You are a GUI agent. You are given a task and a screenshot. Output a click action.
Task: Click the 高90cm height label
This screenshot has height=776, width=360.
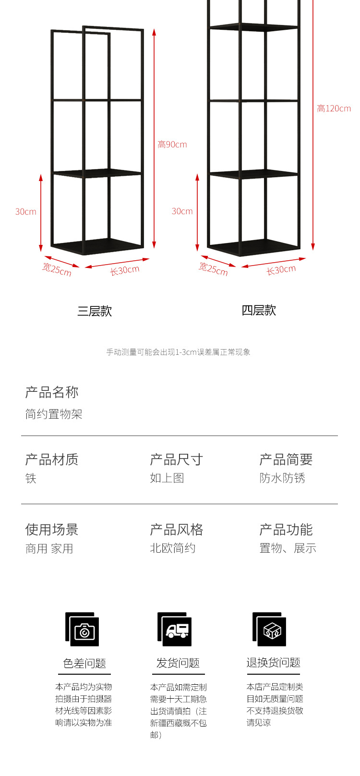172,145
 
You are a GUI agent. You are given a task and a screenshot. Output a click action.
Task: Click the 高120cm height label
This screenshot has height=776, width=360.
334,109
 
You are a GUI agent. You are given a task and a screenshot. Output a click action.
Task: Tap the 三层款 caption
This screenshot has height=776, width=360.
95,311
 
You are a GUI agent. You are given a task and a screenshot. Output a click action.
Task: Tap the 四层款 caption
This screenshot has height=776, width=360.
259,310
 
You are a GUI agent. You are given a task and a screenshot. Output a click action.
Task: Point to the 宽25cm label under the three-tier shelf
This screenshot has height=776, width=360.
57,269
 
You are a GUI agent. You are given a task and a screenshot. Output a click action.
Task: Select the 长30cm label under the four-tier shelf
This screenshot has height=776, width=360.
281,270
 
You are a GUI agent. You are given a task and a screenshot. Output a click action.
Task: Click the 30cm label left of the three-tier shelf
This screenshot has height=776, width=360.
26,212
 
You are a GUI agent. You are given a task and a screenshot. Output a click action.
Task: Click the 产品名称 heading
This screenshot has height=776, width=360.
52,392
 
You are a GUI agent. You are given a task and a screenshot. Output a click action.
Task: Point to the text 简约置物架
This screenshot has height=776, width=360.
54,414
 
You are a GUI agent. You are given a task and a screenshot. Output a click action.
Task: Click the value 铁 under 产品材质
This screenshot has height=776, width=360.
31,478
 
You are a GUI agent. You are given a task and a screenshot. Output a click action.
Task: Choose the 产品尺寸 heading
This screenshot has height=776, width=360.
176,460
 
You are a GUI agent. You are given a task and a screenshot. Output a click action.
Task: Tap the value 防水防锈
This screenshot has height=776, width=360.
282,478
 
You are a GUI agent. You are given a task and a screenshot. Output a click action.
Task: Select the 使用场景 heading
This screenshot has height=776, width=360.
52,530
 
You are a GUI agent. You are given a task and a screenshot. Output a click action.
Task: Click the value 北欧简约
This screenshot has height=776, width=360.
173,548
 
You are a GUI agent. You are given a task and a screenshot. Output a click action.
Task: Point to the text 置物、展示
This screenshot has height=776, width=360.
288,548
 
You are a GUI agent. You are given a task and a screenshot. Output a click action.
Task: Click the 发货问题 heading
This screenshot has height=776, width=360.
178,663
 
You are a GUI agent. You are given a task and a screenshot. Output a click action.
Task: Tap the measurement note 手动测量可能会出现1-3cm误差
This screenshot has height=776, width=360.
178,352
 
